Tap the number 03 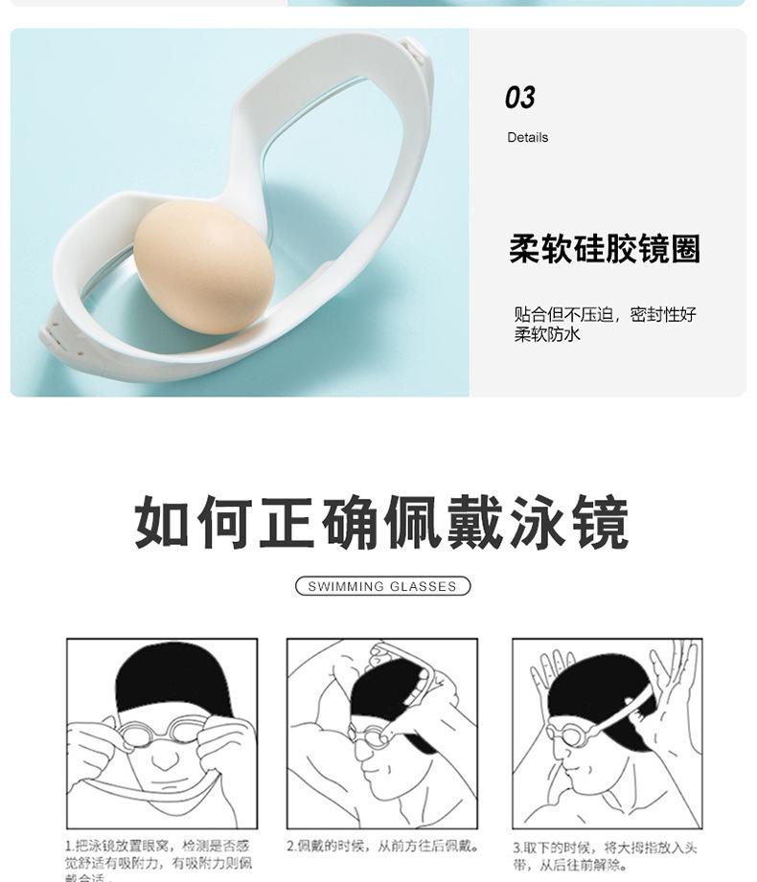tap(519, 98)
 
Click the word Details tap(528, 138)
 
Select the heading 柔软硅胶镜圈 tap(604, 249)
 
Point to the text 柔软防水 tap(547, 334)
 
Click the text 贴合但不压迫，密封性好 tap(605, 314)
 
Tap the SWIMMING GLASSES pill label tap(382, 586)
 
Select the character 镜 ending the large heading tap(600, 522)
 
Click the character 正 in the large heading tap(288, 522)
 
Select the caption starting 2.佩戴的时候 tap(381, 847)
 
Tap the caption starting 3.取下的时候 tap(606, 855)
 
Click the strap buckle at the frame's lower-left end tap(57, 335)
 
